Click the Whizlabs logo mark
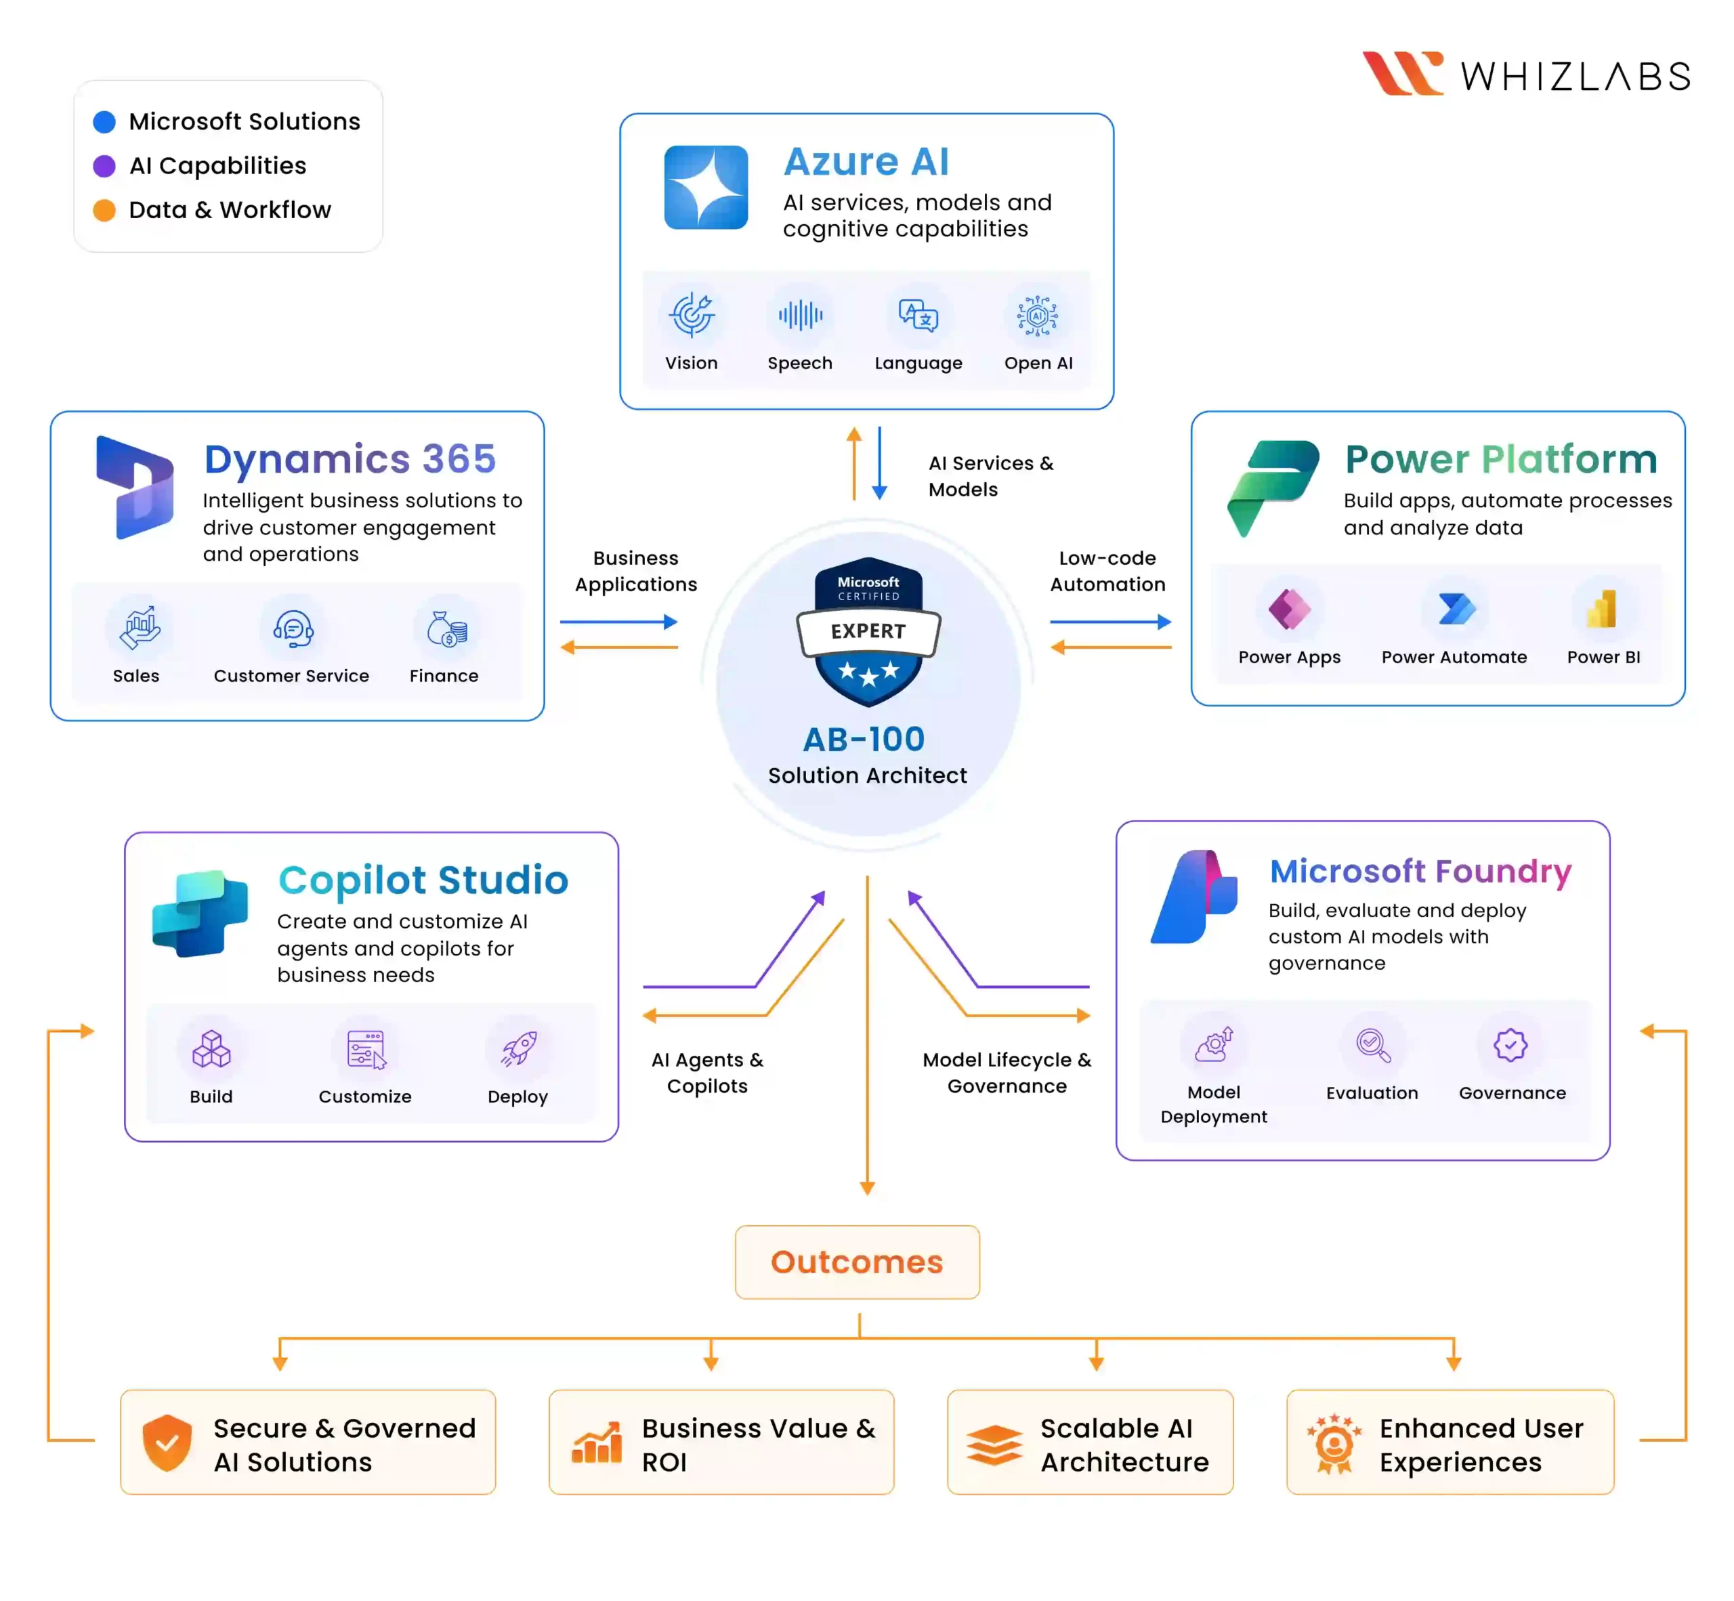click(x=1401, y=74)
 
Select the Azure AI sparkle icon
click(x=705, y=187)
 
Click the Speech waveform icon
click(x=800, y=316)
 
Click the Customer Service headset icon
click(x=293, y=628)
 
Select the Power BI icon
click(x=1601, y=609)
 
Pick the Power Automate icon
click(x=1455, y=609)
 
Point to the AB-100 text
click(x=864, y=739)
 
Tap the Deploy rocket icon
click(x=518, y=1049)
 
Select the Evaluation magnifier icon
click(x=1373, y=1045)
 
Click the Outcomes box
click(x=856, y=1262)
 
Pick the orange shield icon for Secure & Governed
click(x=167, y=1443)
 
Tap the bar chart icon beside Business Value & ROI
click(x=597, y=1443)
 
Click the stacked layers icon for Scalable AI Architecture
click(x=994, y=1444)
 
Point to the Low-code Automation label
click(x=1107, y=571)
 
